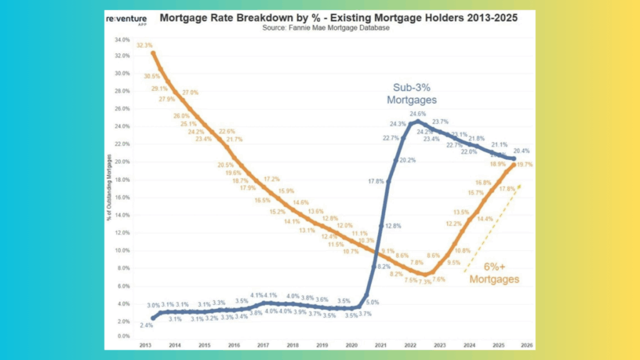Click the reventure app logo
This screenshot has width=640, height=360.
click(123, 21)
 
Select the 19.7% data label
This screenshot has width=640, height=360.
click(524, 165)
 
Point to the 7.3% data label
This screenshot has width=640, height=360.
click(425, 282)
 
